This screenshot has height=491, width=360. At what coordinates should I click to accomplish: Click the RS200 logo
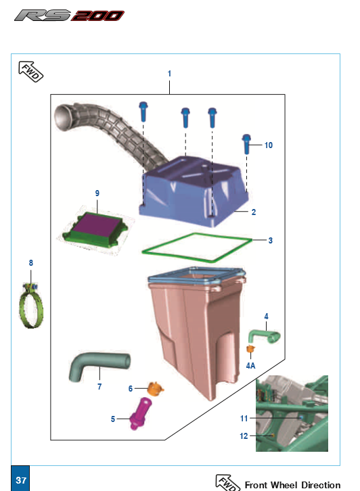(x=69, y=16)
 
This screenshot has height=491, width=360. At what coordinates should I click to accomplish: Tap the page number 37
(x=21, y=480)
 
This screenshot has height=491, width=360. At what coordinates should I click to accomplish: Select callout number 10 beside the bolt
(x=269, y=145)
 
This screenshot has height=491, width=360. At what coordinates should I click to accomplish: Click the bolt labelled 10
(x=246, y=144)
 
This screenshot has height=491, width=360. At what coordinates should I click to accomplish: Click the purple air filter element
(x=97, y=226)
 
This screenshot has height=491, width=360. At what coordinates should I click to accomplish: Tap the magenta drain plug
(x=140, y=413)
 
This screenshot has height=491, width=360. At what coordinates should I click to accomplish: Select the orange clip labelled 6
(x=155, y=389)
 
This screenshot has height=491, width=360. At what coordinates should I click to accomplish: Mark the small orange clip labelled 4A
(x=250, y=348)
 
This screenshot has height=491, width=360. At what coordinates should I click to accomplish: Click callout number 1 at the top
(x=169, y=74)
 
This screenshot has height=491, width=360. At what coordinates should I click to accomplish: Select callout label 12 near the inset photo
(x=244, y=436)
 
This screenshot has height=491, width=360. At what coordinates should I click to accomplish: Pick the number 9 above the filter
(x=97, y=193)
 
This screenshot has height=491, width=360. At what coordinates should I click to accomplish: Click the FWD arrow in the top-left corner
(x=30, y=72)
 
